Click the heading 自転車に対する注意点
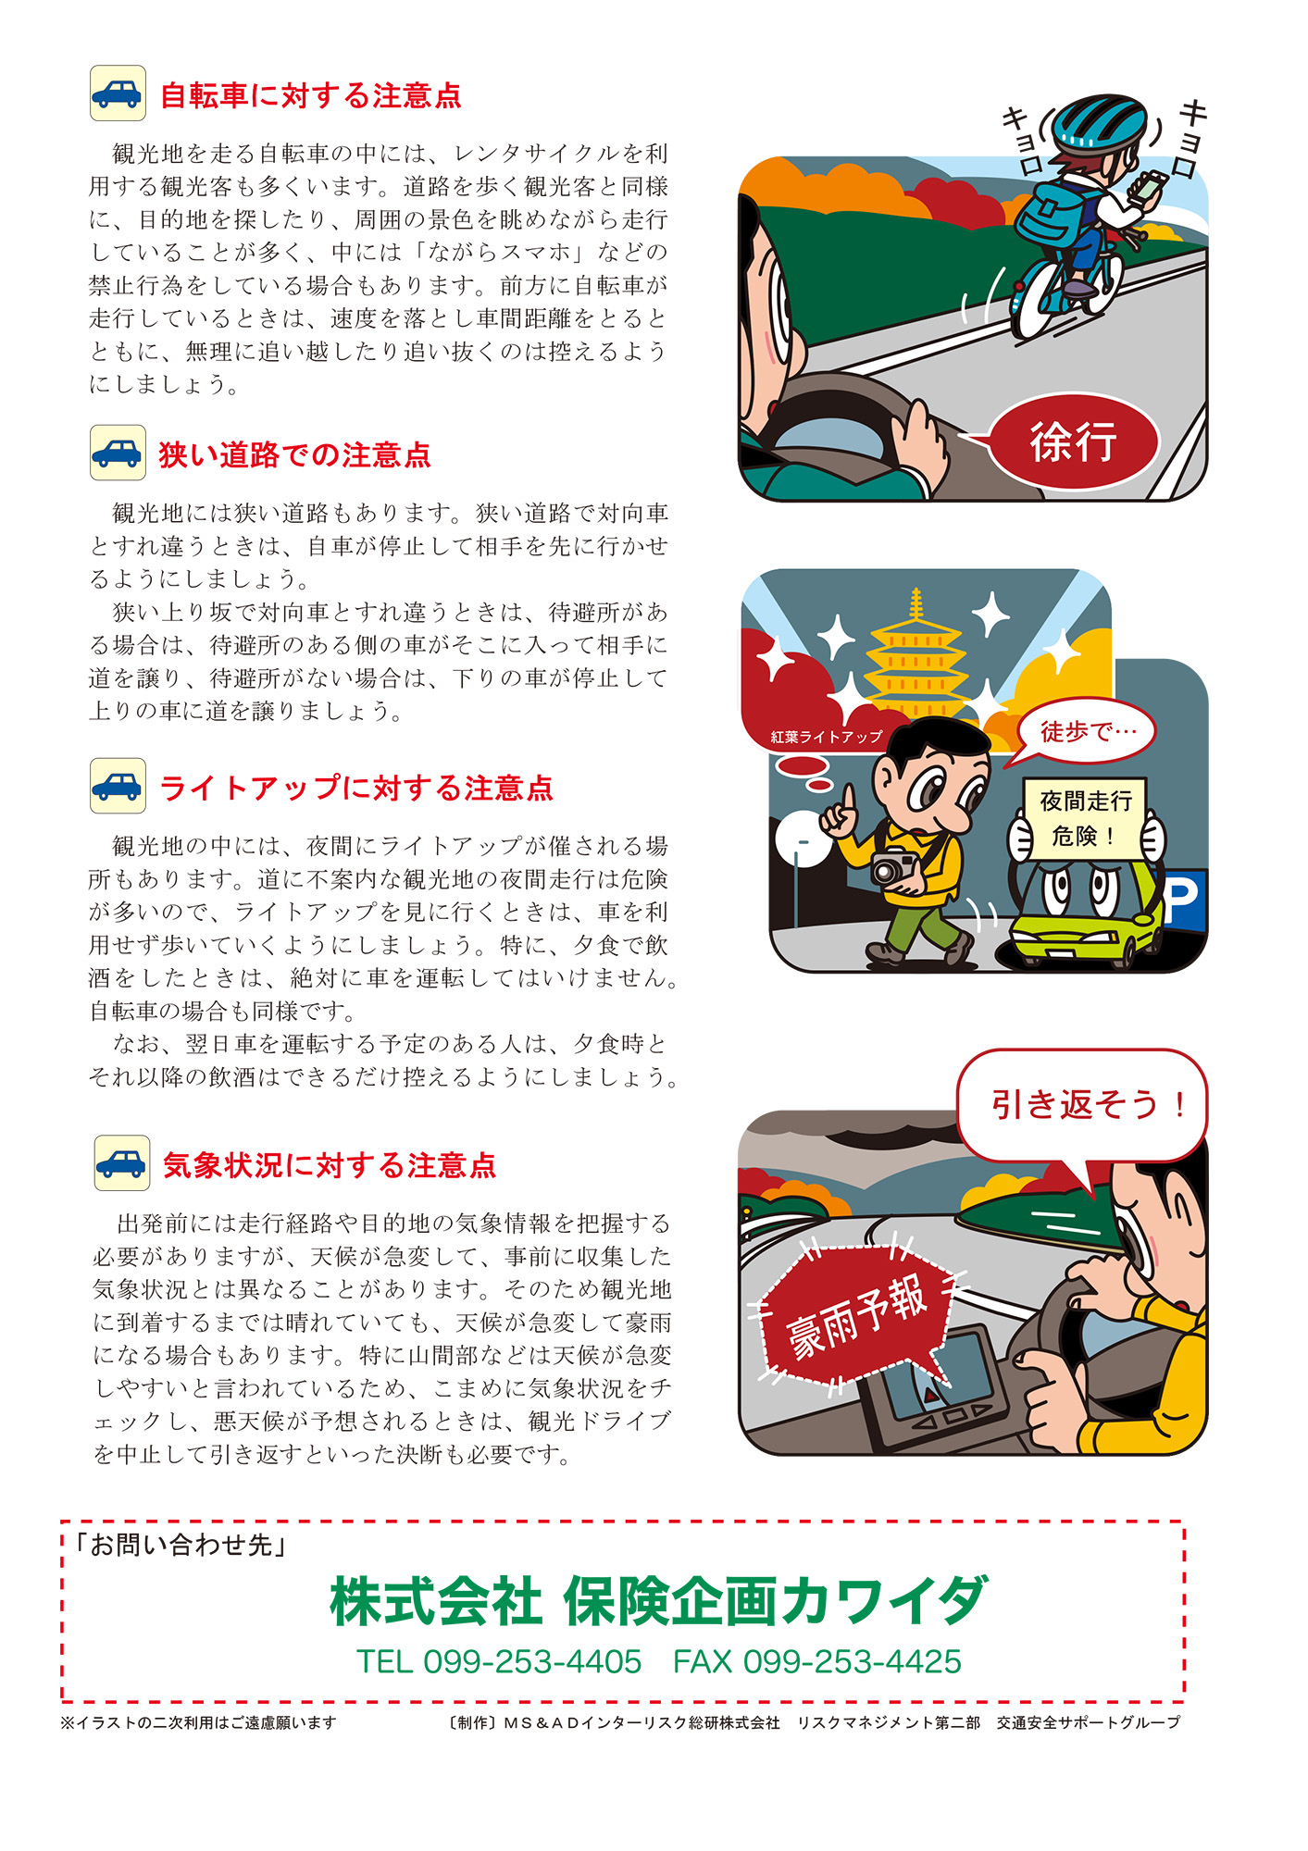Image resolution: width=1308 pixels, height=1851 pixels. click(x=310, y=95)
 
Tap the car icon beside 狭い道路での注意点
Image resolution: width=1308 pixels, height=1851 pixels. click(x=118, y=453)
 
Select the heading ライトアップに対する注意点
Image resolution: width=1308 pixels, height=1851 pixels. click(x=356, y=788)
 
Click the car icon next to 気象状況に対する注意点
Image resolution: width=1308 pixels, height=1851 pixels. click(x=121, y=1163)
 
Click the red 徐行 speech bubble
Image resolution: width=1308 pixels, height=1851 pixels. click(x=1073, y=441)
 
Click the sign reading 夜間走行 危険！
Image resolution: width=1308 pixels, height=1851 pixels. click(x=1085, y=818)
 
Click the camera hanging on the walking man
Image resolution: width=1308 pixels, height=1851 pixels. click(x=894, y=867)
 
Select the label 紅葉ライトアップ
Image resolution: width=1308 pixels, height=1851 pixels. click(x=827, y=737)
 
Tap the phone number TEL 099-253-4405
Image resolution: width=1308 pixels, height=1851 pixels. click(x=499, y=1662)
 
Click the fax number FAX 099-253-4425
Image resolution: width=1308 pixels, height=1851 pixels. click(x=816, y=1662)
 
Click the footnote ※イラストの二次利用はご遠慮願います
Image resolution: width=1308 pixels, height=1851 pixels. click(x=199, y=1722)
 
